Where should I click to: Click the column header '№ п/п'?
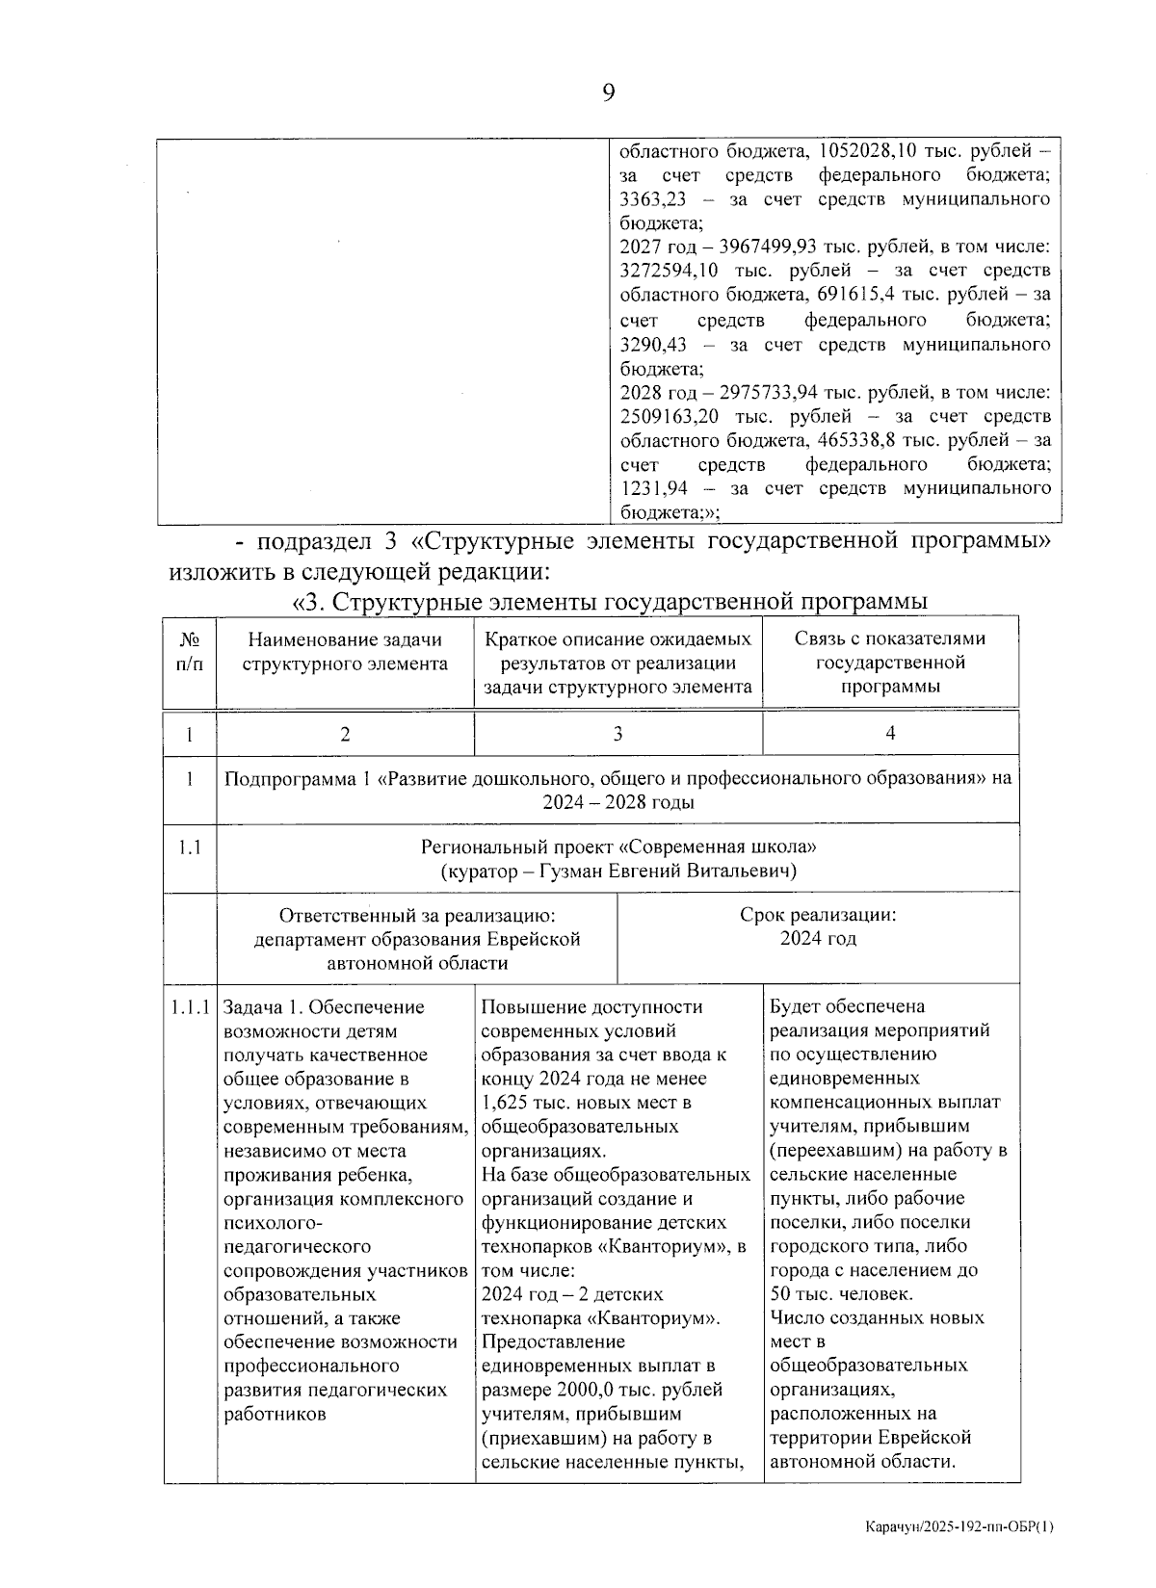[x=190, y=651]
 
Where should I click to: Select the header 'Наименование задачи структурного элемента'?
[x=345, y=651]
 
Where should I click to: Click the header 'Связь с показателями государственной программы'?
[x=890, y=663]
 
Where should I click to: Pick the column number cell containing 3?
[x=617, y=734]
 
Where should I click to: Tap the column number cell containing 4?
[x=890, y=734]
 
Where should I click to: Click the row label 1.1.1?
[x=190, y=1007]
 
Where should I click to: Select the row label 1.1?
[x=190, y=848]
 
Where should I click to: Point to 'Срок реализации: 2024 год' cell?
[x=817, y=926]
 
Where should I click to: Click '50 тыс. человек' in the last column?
[x=840, y=1294]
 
